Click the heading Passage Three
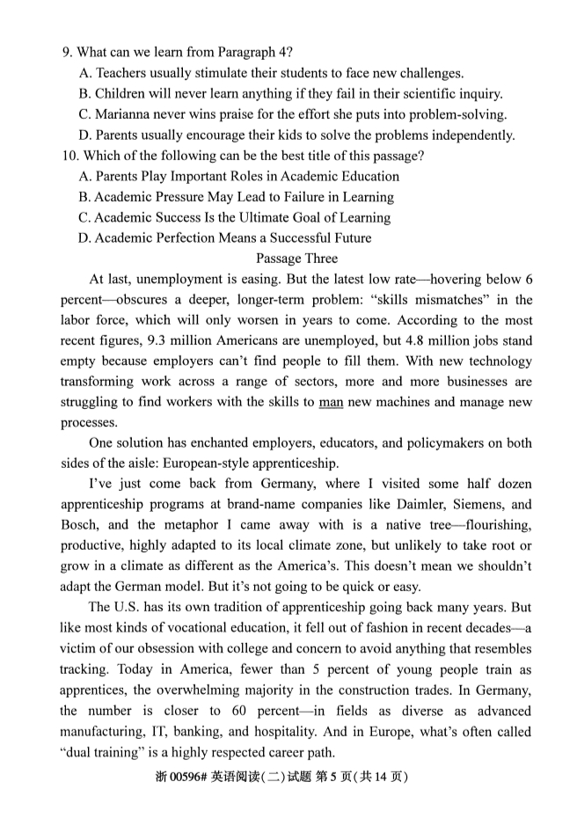point(296,259)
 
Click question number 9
point(67,52)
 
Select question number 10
point(69,157)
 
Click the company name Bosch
point(79,526)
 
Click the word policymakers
point(446,443)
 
